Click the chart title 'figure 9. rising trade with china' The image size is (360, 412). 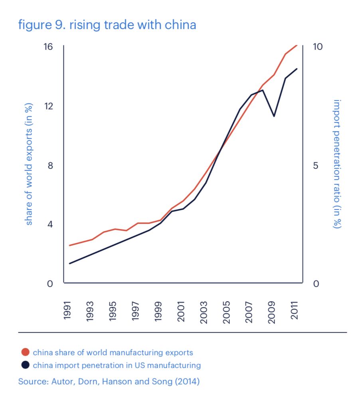pos(107,25)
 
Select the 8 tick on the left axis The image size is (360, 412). pos(50,166)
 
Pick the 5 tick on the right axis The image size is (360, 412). pos(316,166)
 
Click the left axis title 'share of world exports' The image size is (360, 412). pos(29,164)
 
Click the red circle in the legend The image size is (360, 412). pos(25,353)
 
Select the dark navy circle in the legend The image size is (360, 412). pos(25,365)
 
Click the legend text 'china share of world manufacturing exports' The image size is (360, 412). pos(113,353)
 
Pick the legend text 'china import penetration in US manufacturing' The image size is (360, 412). pos(117,365)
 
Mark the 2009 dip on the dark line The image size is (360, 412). pos(274,116)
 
